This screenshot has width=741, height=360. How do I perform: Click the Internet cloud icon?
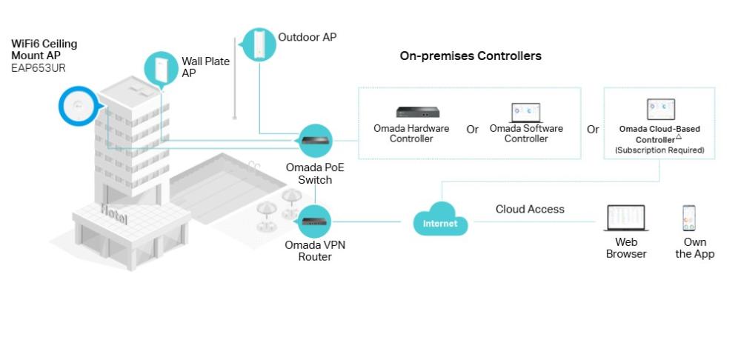[441, 221]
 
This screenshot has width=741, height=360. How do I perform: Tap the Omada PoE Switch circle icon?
[315, 140]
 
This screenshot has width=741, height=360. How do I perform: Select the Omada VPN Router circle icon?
[315, 221]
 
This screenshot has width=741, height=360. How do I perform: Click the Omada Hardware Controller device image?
[417, 112]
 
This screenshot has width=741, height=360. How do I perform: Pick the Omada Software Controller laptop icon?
[525, 112]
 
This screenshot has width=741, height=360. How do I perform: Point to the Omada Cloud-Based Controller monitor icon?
[660, 110]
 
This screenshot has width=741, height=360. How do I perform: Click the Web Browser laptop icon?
[626, 219]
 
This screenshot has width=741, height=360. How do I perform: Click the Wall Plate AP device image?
[161, 69]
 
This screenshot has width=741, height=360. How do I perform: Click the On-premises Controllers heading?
[471, 56]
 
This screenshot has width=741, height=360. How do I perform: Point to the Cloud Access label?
[530, 210]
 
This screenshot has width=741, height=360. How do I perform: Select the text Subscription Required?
[659, 150]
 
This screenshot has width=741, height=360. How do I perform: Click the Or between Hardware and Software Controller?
[472, 130]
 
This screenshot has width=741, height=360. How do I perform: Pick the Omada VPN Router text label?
[315, 250]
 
